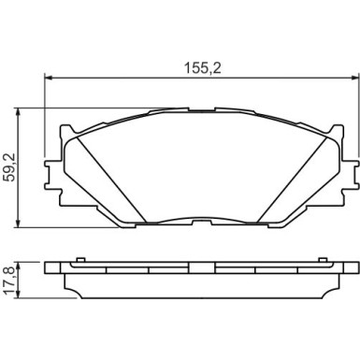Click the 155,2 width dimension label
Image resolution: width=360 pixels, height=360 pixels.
tap(203, 68)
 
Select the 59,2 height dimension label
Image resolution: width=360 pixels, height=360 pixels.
tap(9, 168)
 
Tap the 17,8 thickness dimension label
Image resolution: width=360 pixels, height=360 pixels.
tap(9, 281)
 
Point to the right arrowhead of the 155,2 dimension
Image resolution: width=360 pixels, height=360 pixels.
tap(355, 78)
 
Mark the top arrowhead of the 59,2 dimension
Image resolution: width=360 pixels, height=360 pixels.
tap(19, 112)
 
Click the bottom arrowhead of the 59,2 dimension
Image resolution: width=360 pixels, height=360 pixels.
tap(19, 223)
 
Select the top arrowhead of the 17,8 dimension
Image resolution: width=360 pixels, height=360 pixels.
tap(19, 266)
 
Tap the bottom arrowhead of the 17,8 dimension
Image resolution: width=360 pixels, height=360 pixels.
tap(19, 295)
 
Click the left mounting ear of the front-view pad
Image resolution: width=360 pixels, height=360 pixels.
tap(51, 175)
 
